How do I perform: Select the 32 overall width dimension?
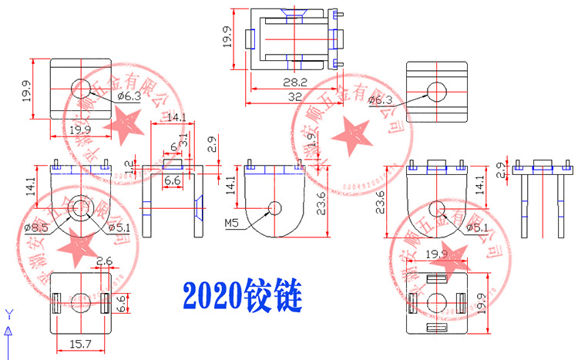pyautogui.click(x=294, y=97)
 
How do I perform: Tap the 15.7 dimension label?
pyautogui.click(x=81, y=344)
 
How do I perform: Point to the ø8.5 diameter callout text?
pyautogui.click(x=36, y=227)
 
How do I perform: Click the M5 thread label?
pyautogui.click(x=232, y=223)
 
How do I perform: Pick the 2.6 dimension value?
pyautogui.click(x=105, y=261)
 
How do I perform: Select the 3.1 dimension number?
pyautogui.click(x=183, y=140)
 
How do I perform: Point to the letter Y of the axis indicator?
pyautogui.click(x=9, y=314)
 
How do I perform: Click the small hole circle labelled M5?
pyautogui.click(x=275, y=207)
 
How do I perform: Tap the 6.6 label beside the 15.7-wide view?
pyautogui.click(x=120, y=303)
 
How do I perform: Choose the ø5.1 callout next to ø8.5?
pyautogui.click(x=119, y=227)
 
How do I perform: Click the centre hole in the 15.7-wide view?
pyautogui.click(x=80, y=301)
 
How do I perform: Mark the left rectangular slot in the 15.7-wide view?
pyautogui.click(x=55, y=301)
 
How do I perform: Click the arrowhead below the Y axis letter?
pyautogui.click(x=9, y=330)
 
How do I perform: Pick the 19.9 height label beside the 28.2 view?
pyautogui.click(x=227, y=37)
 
